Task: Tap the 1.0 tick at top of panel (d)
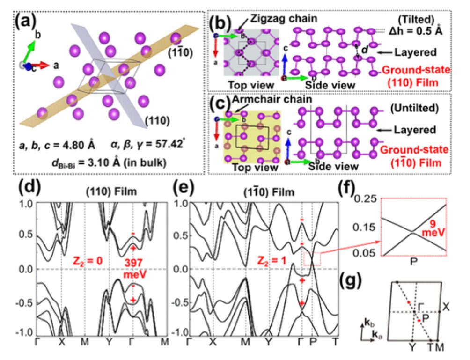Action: point(28,204)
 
